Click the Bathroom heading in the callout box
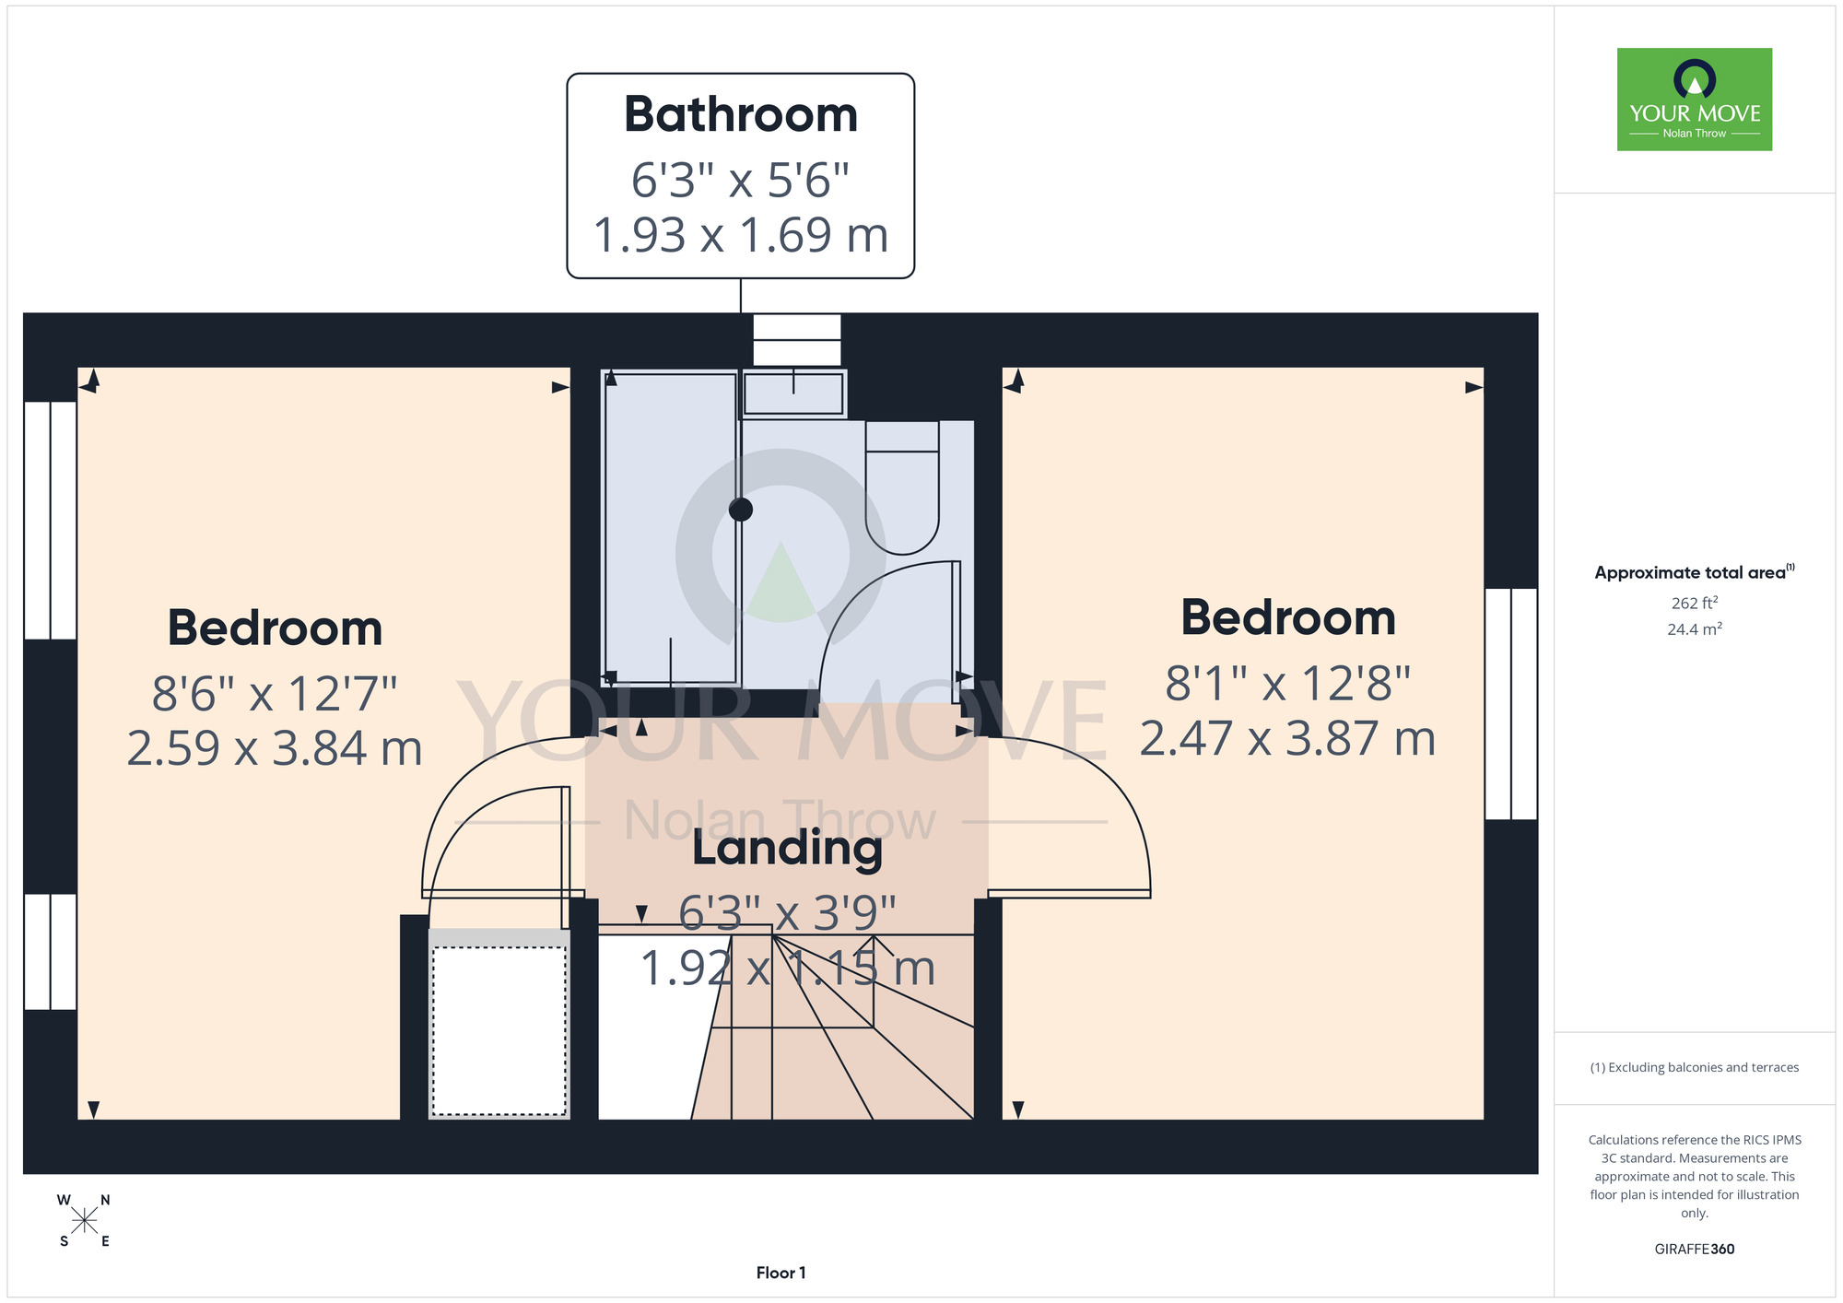pos(741,114)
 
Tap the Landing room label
pos(787,848)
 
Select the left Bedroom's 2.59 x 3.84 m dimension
pos(275,748)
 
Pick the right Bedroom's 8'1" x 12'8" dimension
pos(1288,684)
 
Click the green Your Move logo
pos(1695,100)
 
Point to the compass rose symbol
pos(84,1221)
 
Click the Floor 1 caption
pos(781,1273)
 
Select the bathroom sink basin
pos(793,393)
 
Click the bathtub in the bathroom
pos(670,528)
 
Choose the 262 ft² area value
pos(1695,603)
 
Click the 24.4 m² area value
pos(1695,629)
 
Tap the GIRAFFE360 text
pos(1695,1250)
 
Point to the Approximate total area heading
pos(1695,572)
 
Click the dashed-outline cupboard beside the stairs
pos(499,1030)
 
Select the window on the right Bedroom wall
pos(1511,704)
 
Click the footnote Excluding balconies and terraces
pos(1695,1067)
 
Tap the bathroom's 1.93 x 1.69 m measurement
pos(741,235)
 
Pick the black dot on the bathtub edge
pos(741,509)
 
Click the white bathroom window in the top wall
pos(797,340)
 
